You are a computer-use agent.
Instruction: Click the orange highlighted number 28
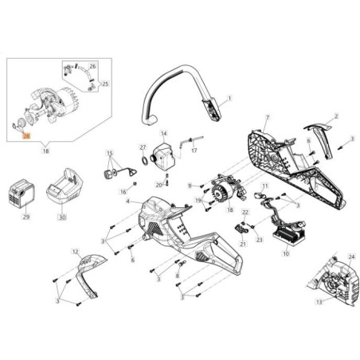25,136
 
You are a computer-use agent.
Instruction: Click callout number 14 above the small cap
165,133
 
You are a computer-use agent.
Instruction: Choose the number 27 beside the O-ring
143,147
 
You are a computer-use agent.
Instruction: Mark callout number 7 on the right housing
267,118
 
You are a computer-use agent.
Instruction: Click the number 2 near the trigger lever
335,116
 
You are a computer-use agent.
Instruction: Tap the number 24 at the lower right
351,257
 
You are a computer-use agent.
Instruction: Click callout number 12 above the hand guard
76,252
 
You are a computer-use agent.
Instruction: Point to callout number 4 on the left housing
127,202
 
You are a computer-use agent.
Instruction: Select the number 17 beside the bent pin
194,150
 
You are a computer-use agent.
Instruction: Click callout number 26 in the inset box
92,66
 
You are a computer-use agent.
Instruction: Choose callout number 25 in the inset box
105,83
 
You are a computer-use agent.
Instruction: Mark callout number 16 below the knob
123,192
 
